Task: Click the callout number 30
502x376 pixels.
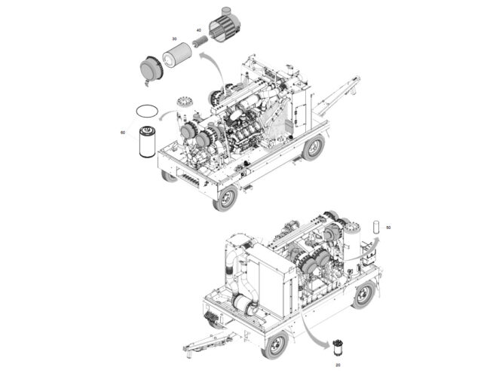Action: click(x=174, y=38)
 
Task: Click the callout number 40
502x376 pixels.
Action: click(x=198, y=30)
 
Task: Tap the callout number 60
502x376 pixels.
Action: click(x=122, y=133)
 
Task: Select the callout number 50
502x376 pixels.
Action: click(x=388, y=226)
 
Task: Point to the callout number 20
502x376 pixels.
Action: click(x=338, y=365)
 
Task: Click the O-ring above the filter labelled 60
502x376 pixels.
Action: click(x=145, y=112)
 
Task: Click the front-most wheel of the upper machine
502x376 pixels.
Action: click(x=225, y=197)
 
